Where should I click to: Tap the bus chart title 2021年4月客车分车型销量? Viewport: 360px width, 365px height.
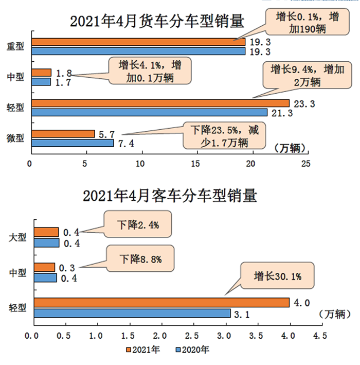(x=170, y=196)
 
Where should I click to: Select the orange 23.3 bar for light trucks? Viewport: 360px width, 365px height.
(x=160, y=103)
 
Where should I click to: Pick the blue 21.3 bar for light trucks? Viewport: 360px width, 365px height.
(x=149, y=112)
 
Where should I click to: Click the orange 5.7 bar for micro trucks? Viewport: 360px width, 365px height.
(x=63, y=134)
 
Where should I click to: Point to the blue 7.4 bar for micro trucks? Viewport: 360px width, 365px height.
(x=72, y=143)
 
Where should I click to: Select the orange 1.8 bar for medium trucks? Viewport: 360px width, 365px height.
(x=41, y=73)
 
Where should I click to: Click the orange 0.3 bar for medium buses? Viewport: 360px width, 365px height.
(x=44, y=267)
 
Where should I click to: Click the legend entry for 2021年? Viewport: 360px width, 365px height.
(x=143, y=350)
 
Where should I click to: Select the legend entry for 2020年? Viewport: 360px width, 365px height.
(x=193, y=350)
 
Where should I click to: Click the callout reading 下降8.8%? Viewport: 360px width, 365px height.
(x=139, y=259)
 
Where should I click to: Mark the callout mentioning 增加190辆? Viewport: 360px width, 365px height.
(x=303, y=22)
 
